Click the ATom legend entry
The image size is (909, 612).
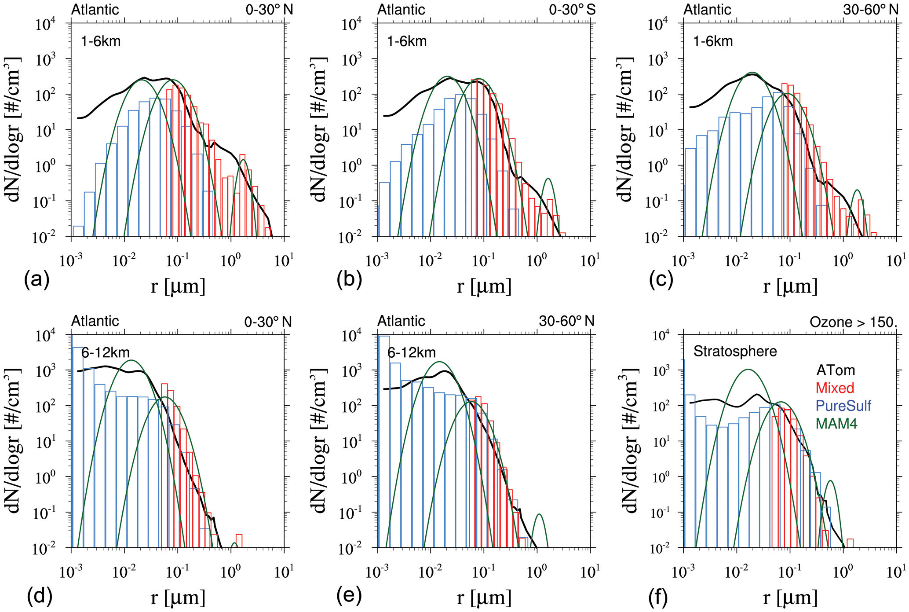[x=836, y=370]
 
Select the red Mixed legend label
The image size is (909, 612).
[x=835, y=388]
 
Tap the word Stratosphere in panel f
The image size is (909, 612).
[x=735, y=351]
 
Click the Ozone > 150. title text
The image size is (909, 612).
[x=853, y=322]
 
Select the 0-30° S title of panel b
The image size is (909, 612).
[x=572, y=10]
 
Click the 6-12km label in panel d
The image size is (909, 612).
[x=105, y=352]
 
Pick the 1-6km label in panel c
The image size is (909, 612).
[x=713, y=41]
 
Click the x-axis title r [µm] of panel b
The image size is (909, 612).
[x=484, y=286]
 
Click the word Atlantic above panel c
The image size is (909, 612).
[x=707, y=10]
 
